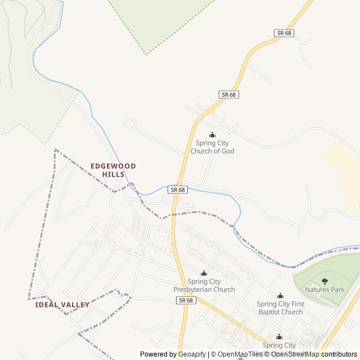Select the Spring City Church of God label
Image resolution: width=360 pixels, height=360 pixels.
[x=212, y=147]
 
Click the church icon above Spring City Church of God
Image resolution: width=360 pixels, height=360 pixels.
[x=212, y=134]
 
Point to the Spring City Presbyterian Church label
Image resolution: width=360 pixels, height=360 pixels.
[x=204, y=286]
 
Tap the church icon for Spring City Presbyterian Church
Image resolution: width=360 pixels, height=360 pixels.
[x=204, y=273]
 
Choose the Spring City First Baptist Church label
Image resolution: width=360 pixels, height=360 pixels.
[x=280, y=308]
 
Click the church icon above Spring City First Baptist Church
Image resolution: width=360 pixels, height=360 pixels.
[x=280, y=296]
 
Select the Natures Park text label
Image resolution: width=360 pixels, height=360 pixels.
[x=325, y=290]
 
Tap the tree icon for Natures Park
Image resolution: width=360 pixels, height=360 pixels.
[x=325, y=281]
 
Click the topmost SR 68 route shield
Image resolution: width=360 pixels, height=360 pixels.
[x=285, y=33]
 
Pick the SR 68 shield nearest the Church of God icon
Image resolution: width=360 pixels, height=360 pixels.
[x=228, y=94]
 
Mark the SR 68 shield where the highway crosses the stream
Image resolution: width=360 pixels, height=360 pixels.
[x=177, y=190]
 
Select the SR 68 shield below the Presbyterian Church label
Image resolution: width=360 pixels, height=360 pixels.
[x=186, y=300]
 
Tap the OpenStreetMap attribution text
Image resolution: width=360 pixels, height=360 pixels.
[x=295, y=354]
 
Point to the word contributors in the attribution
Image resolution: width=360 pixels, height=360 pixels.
[x=339, y=354]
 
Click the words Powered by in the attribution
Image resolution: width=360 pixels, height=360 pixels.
[x=158, y=354]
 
